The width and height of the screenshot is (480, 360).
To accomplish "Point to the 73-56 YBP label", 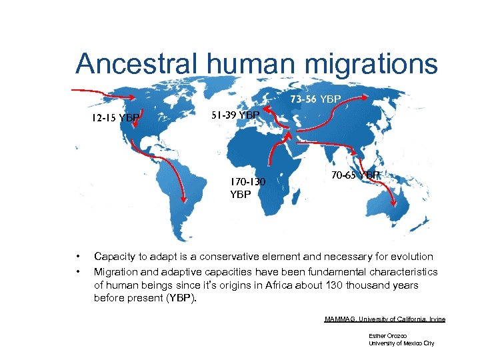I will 315,99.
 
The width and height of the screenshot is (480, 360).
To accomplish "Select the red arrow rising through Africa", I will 272,157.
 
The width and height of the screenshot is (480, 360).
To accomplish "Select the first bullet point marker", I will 79,257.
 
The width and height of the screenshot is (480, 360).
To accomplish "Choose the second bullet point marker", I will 79,272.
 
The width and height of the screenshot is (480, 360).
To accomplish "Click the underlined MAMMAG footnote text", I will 385,319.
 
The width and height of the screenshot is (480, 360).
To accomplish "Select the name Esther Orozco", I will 387,335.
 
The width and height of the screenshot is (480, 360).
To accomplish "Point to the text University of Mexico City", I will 401,343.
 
